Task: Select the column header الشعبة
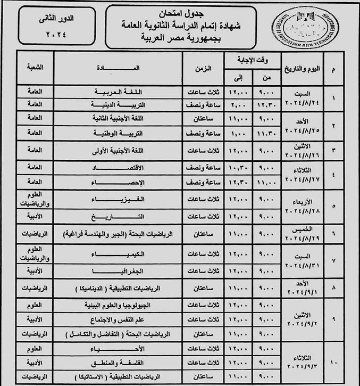[35, 68]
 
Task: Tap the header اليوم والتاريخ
[303, 68]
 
